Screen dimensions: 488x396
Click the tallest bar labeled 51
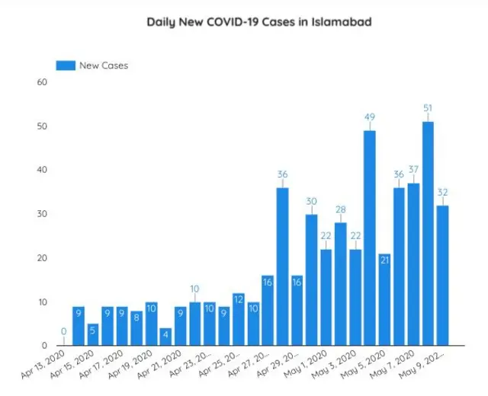(x=428, y=234)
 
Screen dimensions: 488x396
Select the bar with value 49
(x=370, y=238)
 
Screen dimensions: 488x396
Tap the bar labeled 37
(x=413, y=264)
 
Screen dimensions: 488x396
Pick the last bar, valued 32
(x=442, y=276)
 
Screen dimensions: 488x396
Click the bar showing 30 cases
(x=312, y=279)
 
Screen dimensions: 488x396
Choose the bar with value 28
(x=341, y=284)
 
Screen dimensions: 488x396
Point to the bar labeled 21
(x=384, y=299)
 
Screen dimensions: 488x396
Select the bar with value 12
(x=239, y=319)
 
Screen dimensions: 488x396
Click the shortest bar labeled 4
(x=165, y=337)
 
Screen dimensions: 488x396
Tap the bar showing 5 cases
(x=93, y=334)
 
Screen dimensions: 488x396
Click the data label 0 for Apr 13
(x=64, y=331)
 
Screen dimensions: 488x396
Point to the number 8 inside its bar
(x=136, y=318)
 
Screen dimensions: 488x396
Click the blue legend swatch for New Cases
(x=66, y=65)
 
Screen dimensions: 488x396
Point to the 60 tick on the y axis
(x=42, y=82)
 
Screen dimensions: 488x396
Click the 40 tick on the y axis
(x=42, y=170)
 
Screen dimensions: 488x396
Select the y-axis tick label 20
(x=42, y=257)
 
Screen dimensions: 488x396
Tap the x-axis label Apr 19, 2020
(x=130, y=364)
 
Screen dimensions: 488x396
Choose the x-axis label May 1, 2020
(x=306, y=364)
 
